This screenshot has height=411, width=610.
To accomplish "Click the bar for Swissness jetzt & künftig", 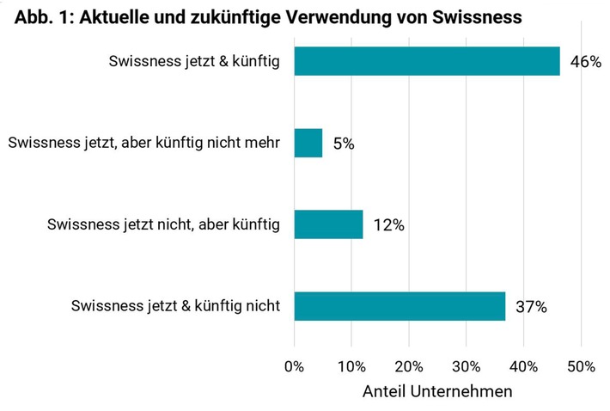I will pos(427,61).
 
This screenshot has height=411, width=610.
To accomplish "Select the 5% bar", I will pos(308,143).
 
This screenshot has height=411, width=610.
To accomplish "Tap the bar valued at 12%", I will pos(328,224).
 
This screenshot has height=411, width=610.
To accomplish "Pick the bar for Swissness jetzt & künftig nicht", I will pos(400,306).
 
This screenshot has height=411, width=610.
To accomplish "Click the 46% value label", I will pos(585,62).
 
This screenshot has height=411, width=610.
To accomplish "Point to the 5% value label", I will pos(344,144).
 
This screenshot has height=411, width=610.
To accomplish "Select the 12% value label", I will pos(388,225).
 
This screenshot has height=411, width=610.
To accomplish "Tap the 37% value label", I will pos(531,307).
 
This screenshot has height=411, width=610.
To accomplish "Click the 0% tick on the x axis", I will pos(295,366).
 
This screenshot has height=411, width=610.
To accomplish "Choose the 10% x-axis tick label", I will pos(351,366).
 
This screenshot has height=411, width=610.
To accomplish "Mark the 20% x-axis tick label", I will pos(409,366).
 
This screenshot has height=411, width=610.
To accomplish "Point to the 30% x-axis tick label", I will pos(467,366).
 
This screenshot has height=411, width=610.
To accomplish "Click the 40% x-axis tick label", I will pos(524,366).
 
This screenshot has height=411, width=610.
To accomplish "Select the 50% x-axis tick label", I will pos(581,366).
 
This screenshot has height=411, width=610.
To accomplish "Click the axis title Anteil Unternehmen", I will pos(437,391).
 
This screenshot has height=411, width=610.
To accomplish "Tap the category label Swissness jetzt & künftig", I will pos(195,61).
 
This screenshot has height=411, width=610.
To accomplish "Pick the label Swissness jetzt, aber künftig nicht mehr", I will pos(144,143).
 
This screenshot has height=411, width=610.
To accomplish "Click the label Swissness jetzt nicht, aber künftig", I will pos(163,224).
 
